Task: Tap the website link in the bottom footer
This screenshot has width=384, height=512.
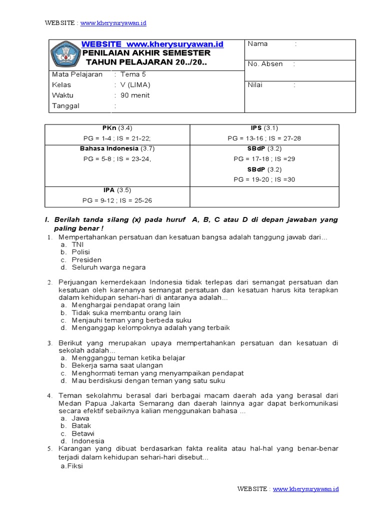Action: (306, 488)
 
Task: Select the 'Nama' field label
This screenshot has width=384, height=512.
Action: (257, 44)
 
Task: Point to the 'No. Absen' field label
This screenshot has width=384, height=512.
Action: (265, 64)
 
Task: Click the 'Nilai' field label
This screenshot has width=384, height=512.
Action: (256, 85)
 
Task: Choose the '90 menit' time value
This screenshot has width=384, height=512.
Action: (135, 95)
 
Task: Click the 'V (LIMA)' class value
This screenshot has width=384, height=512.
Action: (135, 85)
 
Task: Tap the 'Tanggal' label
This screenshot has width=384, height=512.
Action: (65, 106)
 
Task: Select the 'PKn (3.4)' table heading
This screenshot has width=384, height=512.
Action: (117, 128)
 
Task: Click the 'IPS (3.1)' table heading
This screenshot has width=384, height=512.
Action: (264, 128)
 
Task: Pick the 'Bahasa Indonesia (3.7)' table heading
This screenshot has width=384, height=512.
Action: (117, 149)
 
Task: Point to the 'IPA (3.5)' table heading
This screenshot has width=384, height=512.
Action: (117, 190)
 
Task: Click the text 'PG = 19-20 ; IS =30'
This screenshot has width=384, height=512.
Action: (264, 179)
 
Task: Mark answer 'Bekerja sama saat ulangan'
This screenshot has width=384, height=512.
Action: (117, 365)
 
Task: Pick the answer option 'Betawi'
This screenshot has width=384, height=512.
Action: (83, 433)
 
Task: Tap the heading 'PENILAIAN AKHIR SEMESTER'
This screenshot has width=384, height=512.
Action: (146, 53)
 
